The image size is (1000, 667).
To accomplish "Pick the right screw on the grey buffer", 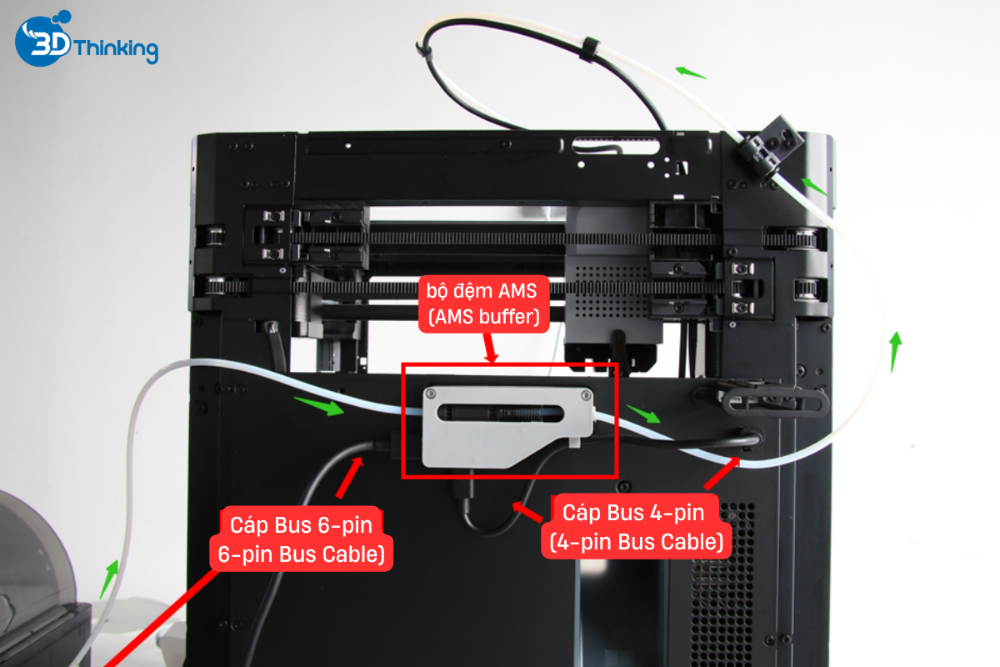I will tap(586, 394).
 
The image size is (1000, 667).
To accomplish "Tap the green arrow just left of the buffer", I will tap(320, 408).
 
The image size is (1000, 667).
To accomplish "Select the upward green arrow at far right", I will tap(895, 351).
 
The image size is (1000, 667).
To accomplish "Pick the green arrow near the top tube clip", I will tap(690, 73).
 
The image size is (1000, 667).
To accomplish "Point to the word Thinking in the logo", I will tap(116, 49).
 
